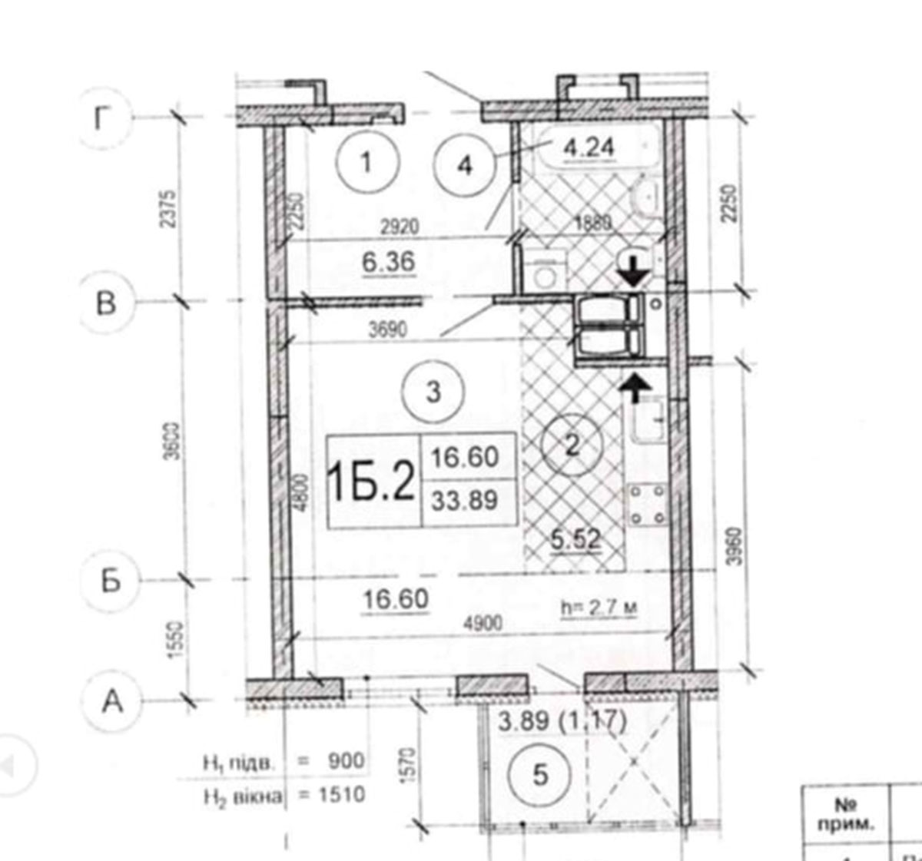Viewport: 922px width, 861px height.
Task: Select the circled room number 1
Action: (367, 163)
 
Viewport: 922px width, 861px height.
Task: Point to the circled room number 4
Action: (464, 165)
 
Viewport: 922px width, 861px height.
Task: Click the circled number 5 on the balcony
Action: (540, 775)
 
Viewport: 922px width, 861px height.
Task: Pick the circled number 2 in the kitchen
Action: (571, 445)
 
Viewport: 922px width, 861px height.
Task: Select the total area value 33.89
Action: (463, 502)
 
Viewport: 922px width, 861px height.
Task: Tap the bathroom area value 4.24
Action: (589, 147)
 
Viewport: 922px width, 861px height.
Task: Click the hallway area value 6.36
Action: (389, 263)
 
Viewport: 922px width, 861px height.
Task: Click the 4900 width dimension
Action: (483, 621)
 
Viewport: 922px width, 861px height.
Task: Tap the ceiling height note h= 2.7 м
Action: (599, 608)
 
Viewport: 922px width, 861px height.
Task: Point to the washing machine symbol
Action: (546, 273)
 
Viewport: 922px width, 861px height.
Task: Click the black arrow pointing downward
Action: (633, 270)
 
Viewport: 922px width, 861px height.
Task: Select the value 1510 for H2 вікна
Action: (341, 794)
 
